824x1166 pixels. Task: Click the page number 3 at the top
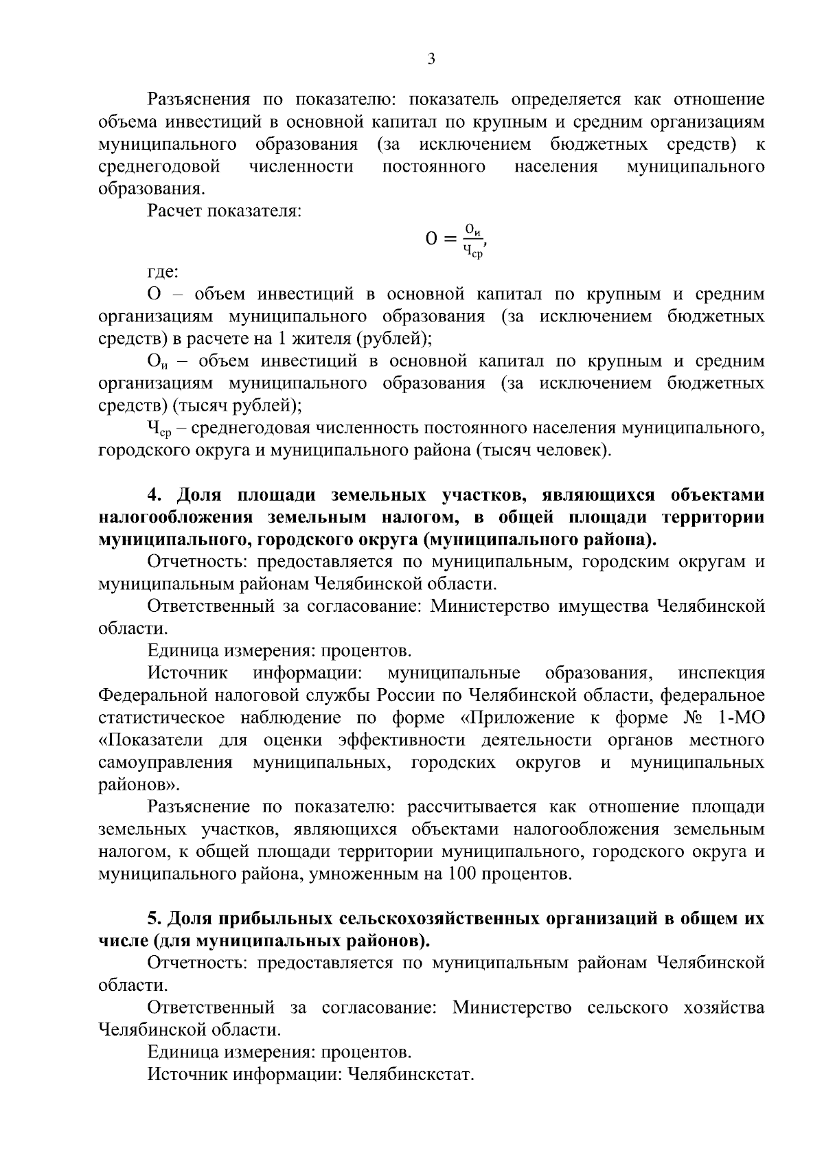coord(431,59)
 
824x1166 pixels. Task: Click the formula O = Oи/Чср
coord(456,240)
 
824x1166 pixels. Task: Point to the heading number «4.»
coord(156,495)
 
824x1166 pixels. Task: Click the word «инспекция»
coord(721,673)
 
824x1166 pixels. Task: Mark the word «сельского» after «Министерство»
coord(628,1007)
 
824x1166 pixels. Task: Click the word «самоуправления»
coord(165,763)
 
